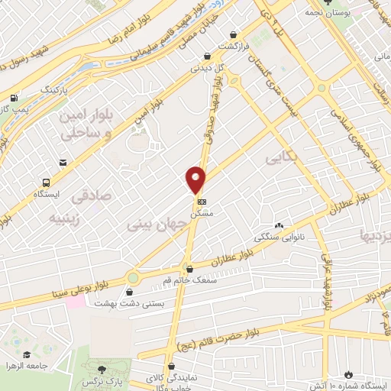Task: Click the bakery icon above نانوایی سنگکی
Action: pos(279,226)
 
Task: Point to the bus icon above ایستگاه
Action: pos(47,183)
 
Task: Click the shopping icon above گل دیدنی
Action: pos(208,55)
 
